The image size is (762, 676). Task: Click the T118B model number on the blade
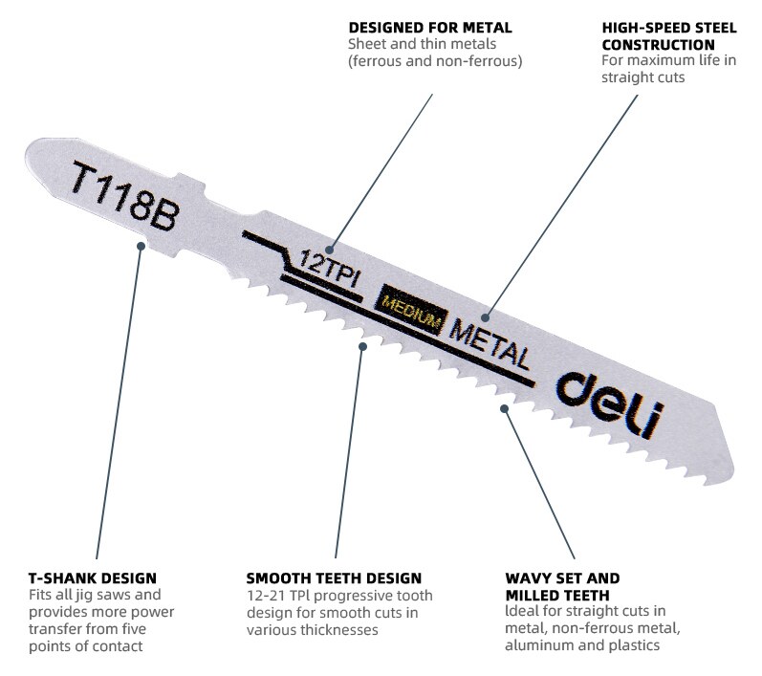pyautogui.click(x=125, y=196)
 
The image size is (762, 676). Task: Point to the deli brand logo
pyautogui.click(x=610, y=404)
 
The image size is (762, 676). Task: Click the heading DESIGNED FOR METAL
pyautogui.click(x=430, y=28)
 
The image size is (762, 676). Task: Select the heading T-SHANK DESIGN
pyautogui.click(x=93, y=578)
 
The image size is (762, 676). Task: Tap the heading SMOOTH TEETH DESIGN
pyautogui.click(x=334, y=578)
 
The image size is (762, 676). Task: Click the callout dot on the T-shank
pyautogui.click(x=141, y=247)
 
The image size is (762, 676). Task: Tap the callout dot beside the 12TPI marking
pyautogui.click(x=329, y=251)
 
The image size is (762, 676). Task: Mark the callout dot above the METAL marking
pyautogui.click(x=486, y=317)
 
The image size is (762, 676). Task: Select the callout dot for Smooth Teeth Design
pyautogui.click(x=362, y=346)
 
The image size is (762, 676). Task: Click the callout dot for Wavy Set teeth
pyautogui.click(x=505, y=408)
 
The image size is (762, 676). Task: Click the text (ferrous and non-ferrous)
pyautogui.click(x=435, y=61)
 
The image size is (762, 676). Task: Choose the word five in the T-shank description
pyautogui.click(x=134, y=629)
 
